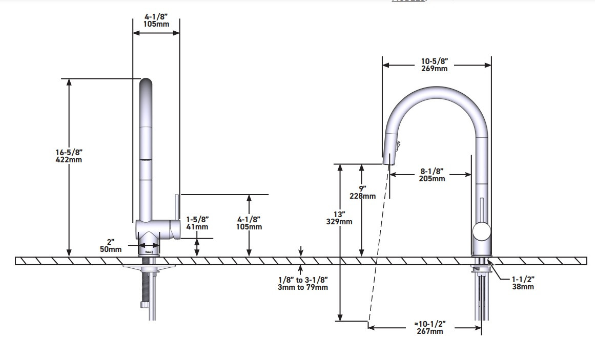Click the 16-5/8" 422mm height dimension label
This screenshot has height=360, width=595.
tap(69, 156)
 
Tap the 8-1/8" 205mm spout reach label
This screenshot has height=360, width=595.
tap(432, 175)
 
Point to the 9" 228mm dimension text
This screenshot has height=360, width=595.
tap(363, 192)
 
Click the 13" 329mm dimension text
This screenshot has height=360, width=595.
tap(339, 218)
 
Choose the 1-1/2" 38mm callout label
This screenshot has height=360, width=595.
tap(523, 283)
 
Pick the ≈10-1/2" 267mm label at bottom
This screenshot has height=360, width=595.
tap(429, 328)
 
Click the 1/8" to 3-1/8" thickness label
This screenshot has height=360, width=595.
tap(303, 283)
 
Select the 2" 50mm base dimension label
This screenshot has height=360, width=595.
tap(111, 245)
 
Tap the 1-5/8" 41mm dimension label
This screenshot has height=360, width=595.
tap(197, 223)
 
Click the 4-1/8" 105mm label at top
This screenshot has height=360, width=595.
tap(156, 20)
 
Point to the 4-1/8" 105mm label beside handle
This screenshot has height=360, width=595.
tap(249, 223)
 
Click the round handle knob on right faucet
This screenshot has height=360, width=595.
tap(482, 231)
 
